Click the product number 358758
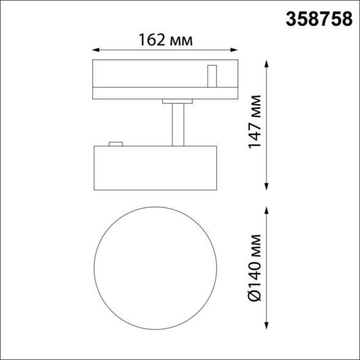click(x=319, y=20)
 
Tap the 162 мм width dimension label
click(x=166, y=40)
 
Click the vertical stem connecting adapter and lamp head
click(x=178, y=125)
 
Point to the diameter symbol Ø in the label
click(x=255, y=299)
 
